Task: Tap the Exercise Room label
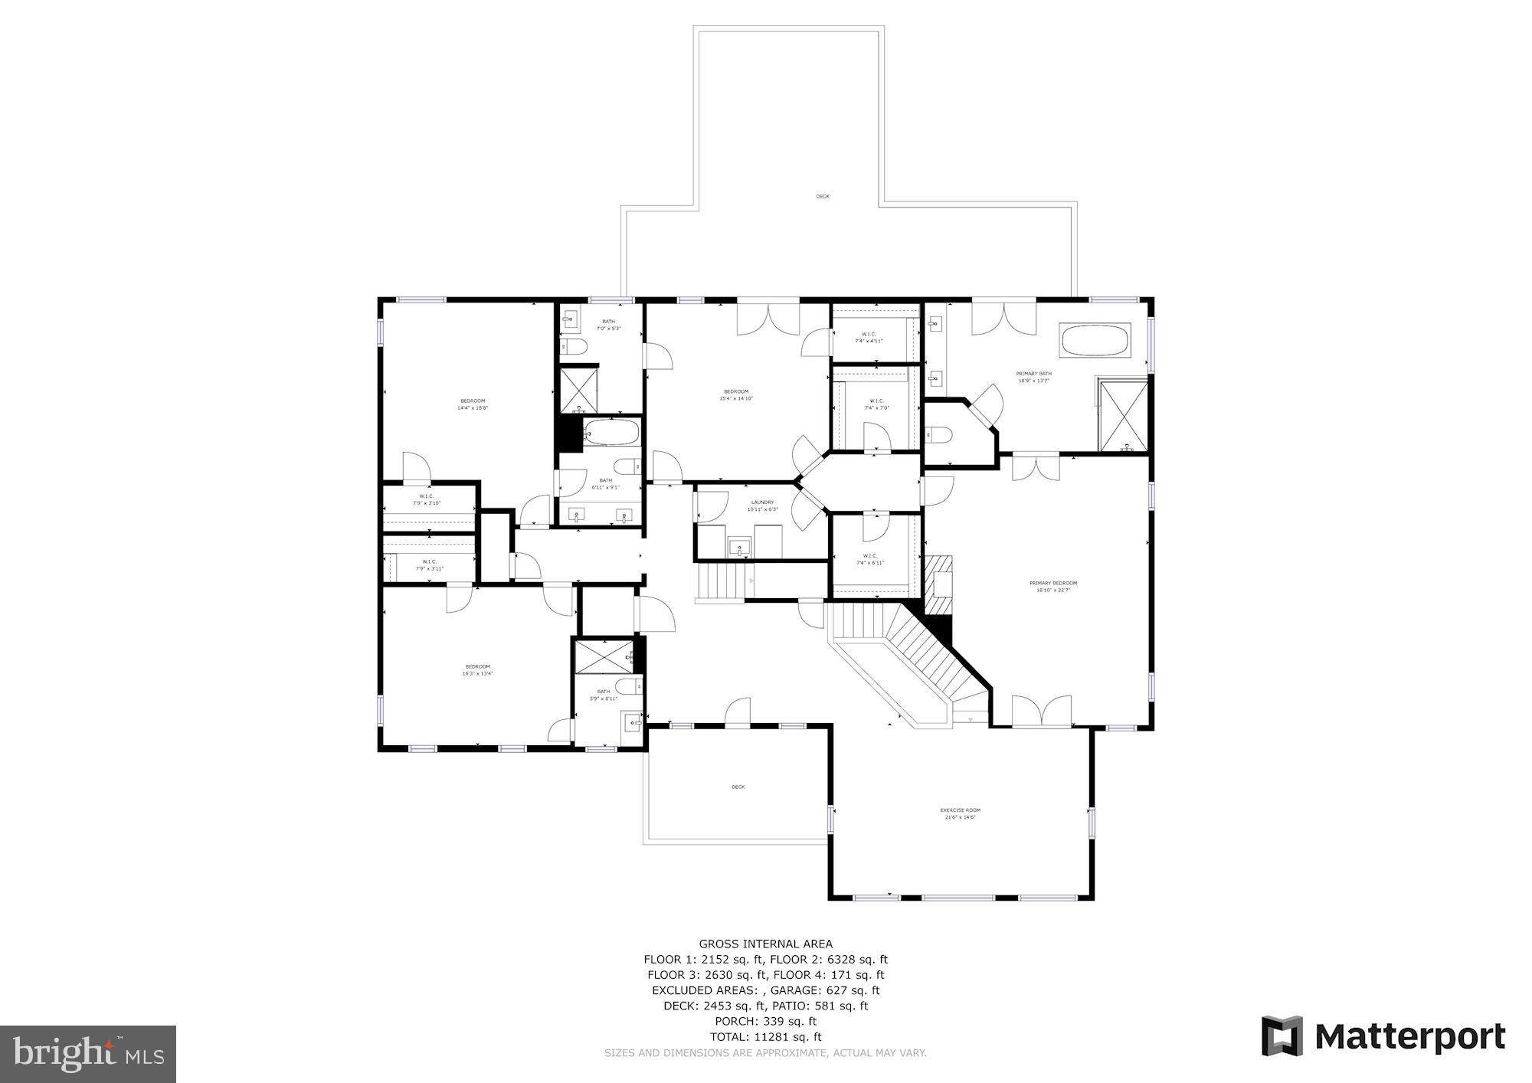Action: coord(960,813)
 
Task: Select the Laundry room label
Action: coord(762,506)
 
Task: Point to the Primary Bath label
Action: coord(1033,377)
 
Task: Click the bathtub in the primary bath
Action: coord(1095,341)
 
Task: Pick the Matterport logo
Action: coord(1383,1037)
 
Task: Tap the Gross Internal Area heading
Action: coord(765,944)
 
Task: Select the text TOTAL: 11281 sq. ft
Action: coord(765,1037)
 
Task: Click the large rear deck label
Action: coord(822,197)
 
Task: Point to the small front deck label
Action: coord(738,787)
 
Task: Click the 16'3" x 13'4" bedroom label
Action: coord(477,670)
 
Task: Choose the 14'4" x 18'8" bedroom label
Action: coord(473,404)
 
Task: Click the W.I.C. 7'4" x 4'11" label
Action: coord(869,337)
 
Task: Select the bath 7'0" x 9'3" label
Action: coord(608,325)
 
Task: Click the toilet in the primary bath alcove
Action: coord(938,436)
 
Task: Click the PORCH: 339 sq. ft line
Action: coord(765,1021)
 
